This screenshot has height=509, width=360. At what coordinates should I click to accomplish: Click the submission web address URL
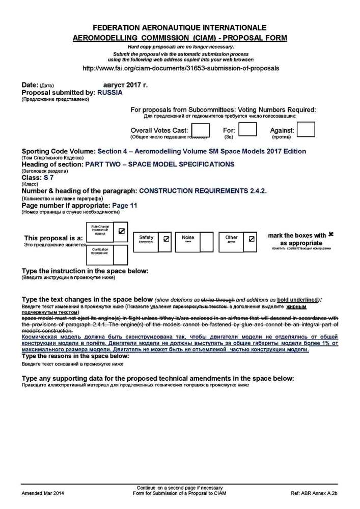pyautogui.click(x=180, y=68)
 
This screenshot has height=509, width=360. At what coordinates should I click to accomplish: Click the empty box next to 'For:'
pyautogui.click(x=247, y=130)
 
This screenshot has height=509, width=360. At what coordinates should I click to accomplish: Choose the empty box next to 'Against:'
pyautogui.click(x=306, y=130)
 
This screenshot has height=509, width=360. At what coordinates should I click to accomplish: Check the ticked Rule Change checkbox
pyautogui.click(x=121, y=231)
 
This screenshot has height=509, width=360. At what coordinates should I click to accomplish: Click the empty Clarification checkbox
pyautogui.click(x=121, y=254)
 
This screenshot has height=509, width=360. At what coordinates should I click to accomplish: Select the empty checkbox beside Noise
pyautogui.click(x=206, y=242)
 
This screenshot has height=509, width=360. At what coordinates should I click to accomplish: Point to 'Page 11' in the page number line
pyautogui.click(x=125, y=206)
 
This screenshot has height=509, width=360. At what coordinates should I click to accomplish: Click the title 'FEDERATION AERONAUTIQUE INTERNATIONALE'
pyautogui.click(x=180, y=27)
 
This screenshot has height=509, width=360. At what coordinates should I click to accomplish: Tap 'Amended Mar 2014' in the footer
pyautogui.click(x=43, y=494)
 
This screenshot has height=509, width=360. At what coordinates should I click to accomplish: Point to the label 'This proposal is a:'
pyautogui.click(x=53, y=238)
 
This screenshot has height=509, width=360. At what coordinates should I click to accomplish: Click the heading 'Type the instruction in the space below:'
pyautogui.click(x=85, y=271)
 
